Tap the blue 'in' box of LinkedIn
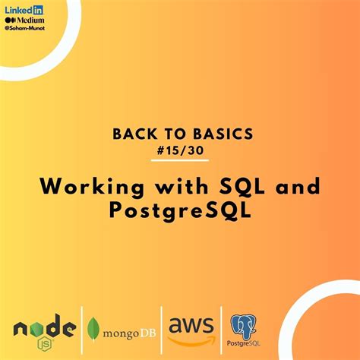pyautogui.click(x=35, y=8)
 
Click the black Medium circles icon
pyautogui.click(x=11, y=19)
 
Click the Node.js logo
pyautogui.click(x=44, y=328)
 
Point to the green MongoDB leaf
pyautogui.click(x=93, y=329)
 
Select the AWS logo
pyautogui.click(x=190, y=327)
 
